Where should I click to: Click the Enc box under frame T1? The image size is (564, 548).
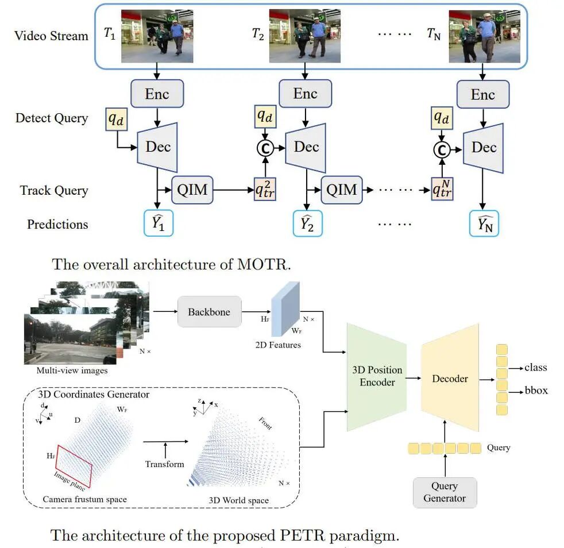[157, 94]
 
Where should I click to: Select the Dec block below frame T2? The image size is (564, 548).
[306, 147]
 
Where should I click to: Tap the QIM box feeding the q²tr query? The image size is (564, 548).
[192, 189]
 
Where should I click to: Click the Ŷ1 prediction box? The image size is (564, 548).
[157, 223]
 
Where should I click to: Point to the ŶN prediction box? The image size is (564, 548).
[483, 223]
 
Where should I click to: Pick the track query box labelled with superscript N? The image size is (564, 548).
[442, 188]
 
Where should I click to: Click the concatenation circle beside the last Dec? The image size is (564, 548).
[442, 149]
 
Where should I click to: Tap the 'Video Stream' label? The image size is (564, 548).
[52, 36]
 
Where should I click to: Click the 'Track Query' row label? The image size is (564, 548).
[54, 190]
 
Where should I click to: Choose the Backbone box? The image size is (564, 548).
[209, 312]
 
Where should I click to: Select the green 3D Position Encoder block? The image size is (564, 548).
[377, 376]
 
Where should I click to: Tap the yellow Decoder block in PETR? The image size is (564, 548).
[450, 378]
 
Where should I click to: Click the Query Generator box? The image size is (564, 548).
[445, 492]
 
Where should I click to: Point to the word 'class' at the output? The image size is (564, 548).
[535, 368]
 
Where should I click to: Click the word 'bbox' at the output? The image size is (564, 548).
[536, 391]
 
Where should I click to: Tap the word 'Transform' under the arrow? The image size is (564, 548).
[164, 464]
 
